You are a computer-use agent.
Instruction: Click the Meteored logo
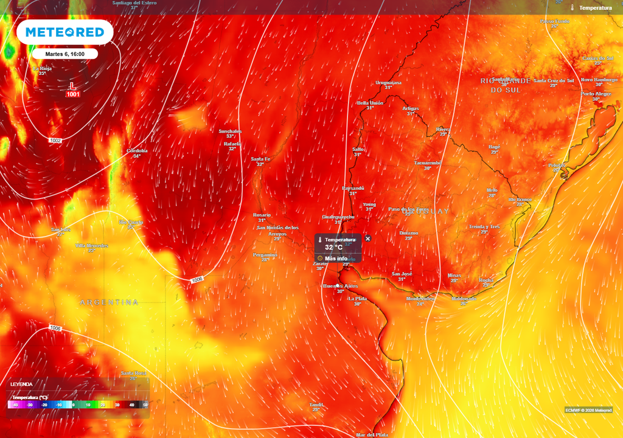click(x=64, y=32)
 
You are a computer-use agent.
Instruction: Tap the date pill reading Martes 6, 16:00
click(x=64, y=54)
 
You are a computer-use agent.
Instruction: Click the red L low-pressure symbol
click(x=72, y=86)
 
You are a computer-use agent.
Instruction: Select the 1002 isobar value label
click(x=56, y=141)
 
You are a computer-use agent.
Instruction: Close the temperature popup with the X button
click(x=367, y=239)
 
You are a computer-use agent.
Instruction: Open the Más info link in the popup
click(x=335, y=259)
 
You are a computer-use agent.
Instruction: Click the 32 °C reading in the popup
click(x=333, y=248)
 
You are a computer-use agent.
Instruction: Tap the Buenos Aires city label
click(x=341, y=285)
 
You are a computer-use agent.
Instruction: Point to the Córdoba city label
click(x=137, y=150)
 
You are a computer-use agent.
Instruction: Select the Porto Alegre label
click(x=596, y=94)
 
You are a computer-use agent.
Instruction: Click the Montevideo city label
click(x=420, y=299)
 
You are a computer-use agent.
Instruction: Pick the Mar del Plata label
click(x=372, y=434)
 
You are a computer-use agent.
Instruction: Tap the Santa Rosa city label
click(x=133, y=373)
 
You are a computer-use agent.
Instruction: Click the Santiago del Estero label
click(x=134, y=3)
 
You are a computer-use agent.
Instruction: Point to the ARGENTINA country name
click(x=109, y=302)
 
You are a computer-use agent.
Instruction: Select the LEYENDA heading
click(x=21, y=384)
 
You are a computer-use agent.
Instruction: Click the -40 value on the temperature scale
click(x=15, y=405)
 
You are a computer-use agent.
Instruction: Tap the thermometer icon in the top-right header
click(x=573, y=8)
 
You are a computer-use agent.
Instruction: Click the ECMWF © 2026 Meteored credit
click(x=589, y=410)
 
